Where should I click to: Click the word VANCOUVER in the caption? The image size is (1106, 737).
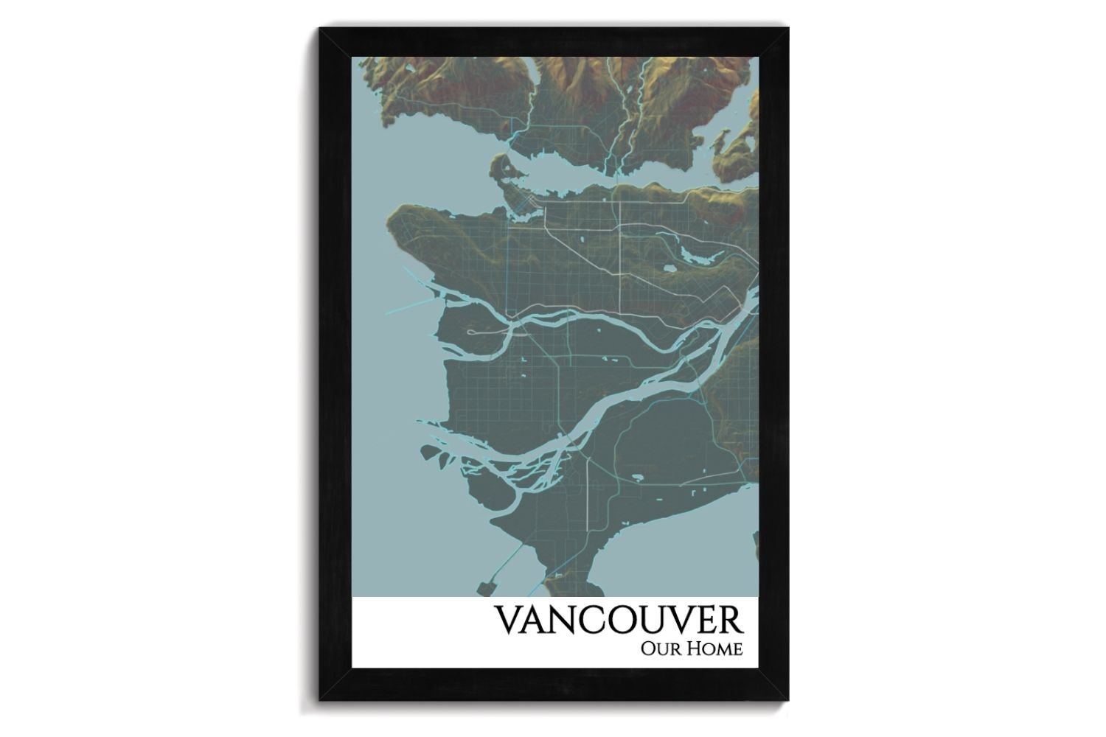click(619, 621)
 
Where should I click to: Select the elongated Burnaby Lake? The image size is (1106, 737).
click(696, 255)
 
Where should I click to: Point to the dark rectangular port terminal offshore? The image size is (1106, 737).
click(487, 588)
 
